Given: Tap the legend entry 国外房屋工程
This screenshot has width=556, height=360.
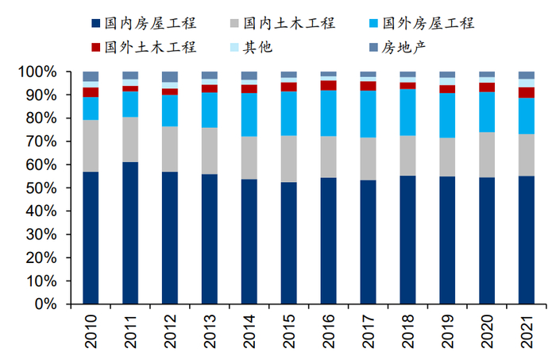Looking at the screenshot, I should [427, 23].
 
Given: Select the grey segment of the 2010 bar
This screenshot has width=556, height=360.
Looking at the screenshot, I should [91, 146].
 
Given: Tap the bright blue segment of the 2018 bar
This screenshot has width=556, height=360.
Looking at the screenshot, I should [407, 112].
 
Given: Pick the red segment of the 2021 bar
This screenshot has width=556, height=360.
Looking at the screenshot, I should [527, 92].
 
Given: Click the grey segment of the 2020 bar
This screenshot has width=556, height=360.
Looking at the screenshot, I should [487, 155].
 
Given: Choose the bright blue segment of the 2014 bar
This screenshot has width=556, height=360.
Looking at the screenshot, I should [249, 114].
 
